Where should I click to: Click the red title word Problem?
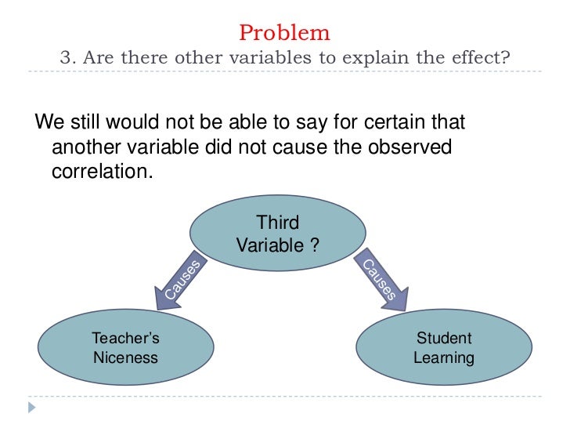point(284,33)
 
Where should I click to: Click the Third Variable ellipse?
point(278,234)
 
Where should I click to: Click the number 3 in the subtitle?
point(66,59)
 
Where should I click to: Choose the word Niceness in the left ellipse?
point(125,358)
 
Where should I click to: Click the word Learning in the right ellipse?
point(444,358)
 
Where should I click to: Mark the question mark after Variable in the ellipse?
point(315,245)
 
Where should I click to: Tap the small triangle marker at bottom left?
point(31,408)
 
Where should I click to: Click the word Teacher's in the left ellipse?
point(125,339)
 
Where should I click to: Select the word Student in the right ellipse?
point(444,339)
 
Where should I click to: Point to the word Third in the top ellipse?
point(278,223)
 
